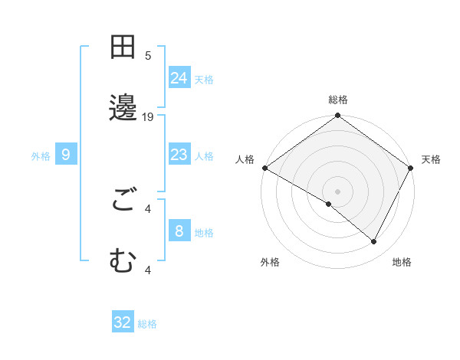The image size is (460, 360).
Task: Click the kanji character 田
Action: point(123,47)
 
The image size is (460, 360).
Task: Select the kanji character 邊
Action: point(123,109)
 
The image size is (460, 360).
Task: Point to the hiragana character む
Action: point(123,262)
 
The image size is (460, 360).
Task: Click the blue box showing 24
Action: point(179,78)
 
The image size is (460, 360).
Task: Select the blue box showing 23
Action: point(179,155)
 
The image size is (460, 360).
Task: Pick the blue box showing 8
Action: point(179,231)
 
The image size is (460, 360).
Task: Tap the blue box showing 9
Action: point(66,155)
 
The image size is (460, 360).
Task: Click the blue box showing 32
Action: point(123,322)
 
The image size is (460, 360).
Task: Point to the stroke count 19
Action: point(148,117)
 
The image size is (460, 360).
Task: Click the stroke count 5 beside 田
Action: point(148,56)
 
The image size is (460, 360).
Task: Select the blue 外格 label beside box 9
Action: point(41,155)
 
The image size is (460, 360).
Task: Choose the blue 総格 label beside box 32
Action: point(147,324)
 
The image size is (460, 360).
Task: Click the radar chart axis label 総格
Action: point(338,100)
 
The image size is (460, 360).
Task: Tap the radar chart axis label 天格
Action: point(431,159)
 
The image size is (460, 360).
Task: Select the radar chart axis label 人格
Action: point(245,159)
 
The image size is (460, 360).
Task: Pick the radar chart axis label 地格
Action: point(402,262)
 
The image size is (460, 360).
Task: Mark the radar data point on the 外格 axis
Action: point(329,204)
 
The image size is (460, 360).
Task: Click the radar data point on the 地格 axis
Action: point(374,242)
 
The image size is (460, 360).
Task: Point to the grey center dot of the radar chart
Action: point(338,191)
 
